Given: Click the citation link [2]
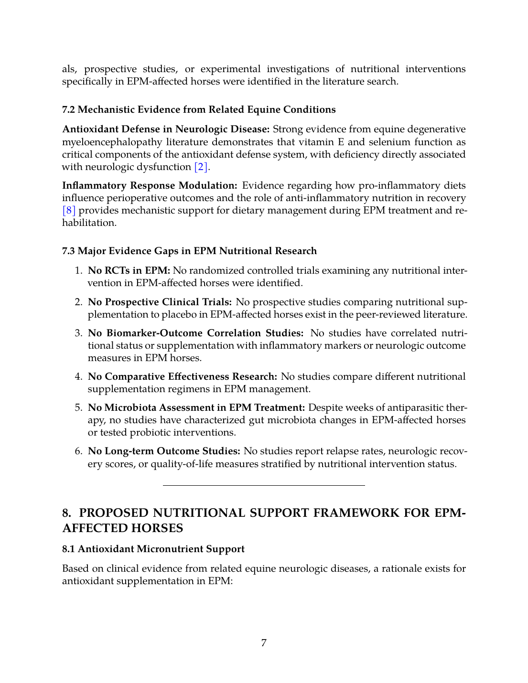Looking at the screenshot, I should pyautogui.click(x=201, y=167).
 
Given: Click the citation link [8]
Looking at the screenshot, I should pyautogui.click(x=69, y=211).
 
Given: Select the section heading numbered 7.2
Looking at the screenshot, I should pyautogui.click(x=199, y=110).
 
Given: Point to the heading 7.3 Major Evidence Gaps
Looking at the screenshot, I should pyautogui.click(x=189, y=251).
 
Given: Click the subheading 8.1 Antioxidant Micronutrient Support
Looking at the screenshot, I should pyautogui.click(x=153, y=549).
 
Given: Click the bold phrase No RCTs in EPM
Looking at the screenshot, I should pyautogui.click(x=129, y=271).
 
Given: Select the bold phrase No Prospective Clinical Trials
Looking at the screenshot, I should pyautogui.click(x=160, y=302).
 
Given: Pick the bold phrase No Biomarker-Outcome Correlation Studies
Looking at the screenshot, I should pyautogui.click(x=195, y=333).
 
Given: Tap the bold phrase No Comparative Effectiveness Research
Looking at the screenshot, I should pyautogui.click(x=182, y=377).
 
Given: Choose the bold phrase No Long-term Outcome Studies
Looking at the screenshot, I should pyautogui.click(x=164, y=451).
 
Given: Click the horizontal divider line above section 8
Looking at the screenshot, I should pyautogui.click(x=264, y=485).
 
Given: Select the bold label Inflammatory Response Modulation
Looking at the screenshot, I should pyautogui.click(x=150, y=186).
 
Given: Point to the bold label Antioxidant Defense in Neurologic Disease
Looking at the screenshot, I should pyautogui.click(x=166, y=129).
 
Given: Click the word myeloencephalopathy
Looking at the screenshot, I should pyautogui.click(x=113, y=142).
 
